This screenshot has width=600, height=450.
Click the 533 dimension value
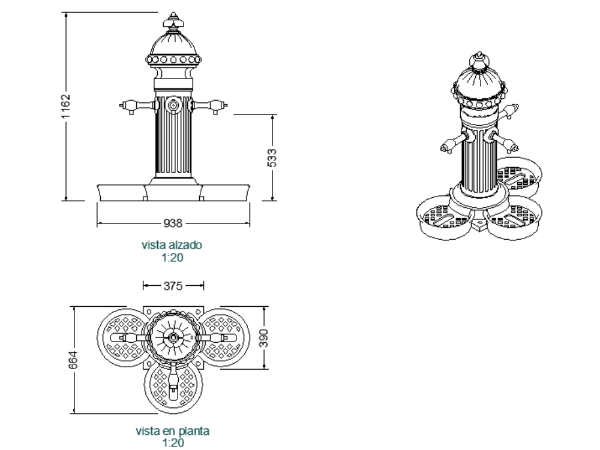coord(272,157)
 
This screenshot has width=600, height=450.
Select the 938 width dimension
coord(173,224)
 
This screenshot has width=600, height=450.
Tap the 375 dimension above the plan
coord(173,286)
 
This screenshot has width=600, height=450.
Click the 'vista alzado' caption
coord(172,245)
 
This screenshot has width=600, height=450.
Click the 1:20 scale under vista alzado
coord(172,258)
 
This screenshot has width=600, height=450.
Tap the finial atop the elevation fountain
coord(173,22)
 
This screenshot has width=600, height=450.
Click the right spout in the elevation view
coord(215,107)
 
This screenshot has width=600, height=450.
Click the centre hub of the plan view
coord(173,338)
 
